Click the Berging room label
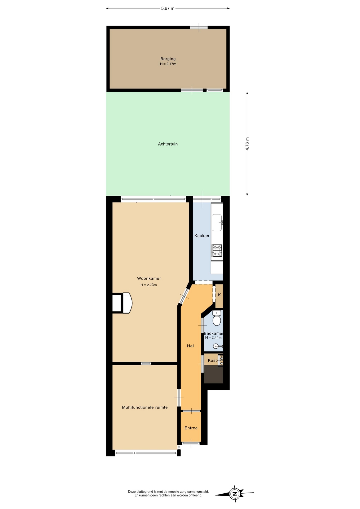[x=168, y=59]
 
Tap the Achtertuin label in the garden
[x=168, y=144]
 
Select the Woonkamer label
[x=149, y=278]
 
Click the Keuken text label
[x=202, y=236]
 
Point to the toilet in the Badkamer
[x=217, y=318]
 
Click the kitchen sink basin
[x=217, y=222]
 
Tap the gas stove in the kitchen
[x=217, y=251]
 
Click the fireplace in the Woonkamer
[x=122, y=303]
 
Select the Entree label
[x=191, y=428]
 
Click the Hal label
[x=190, y=346]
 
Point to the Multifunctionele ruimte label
[x=145, y=407]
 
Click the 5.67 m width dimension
[x=168, y=8]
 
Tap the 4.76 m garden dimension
[x=247, y=144]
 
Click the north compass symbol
[x=235, y=494]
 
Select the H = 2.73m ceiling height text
[x=149, y=285]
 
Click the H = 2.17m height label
[x=168, y=64]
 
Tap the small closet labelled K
[x=219, y=296]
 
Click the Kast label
[x=212, y=360]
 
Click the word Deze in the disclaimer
[x=132, y=492]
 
